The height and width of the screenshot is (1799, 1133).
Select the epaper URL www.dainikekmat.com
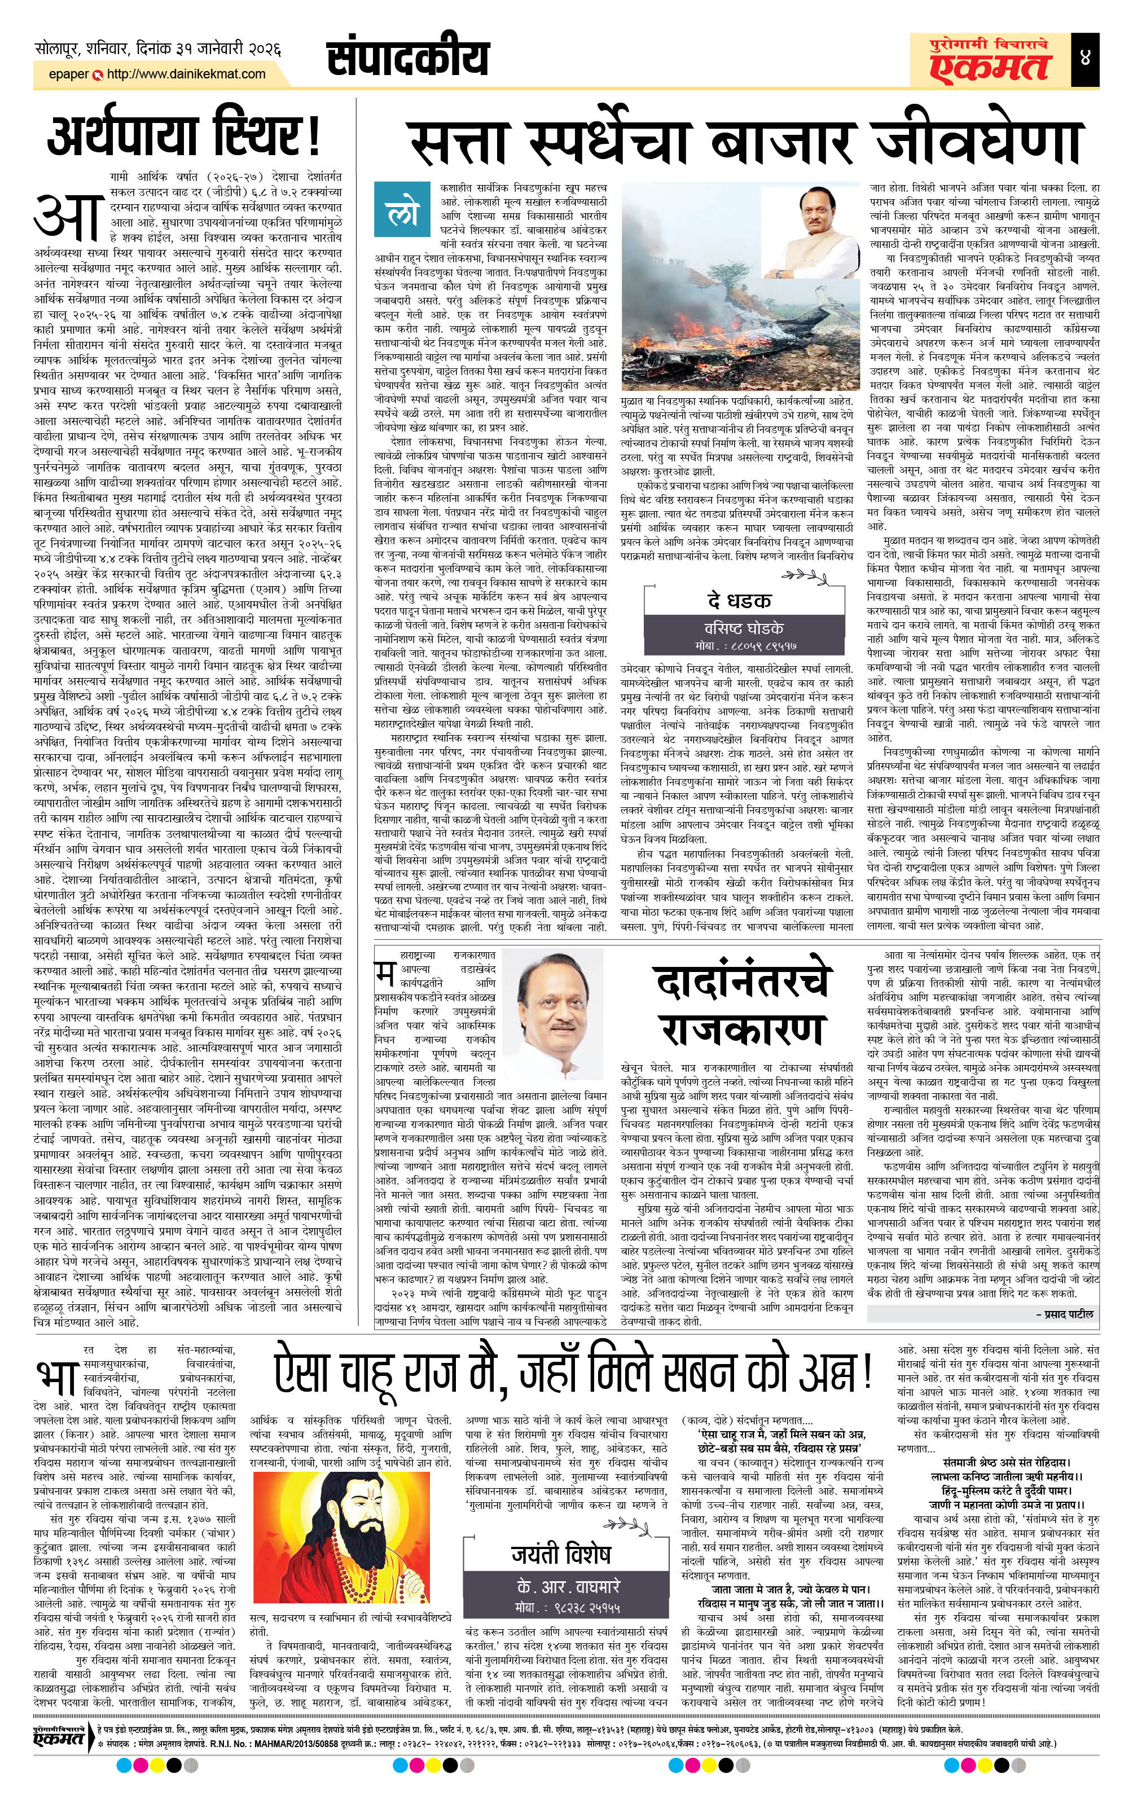pyautogui.click(x=186, y=74)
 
